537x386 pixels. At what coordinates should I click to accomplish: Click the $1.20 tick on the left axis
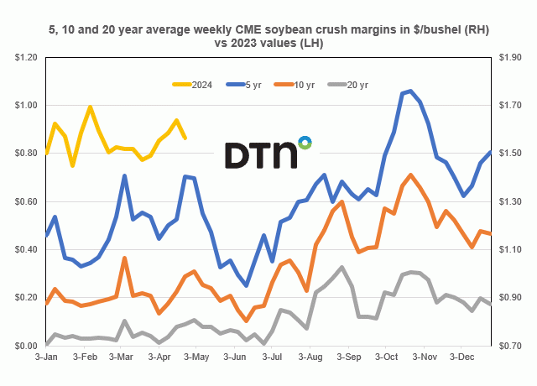click(x=25, y=57)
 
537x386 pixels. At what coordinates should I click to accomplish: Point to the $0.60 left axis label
click(x=25, y=201)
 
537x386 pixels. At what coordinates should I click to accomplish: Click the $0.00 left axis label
click(x=25, y=346)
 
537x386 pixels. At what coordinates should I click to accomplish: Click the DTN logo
click(x=268, y=153)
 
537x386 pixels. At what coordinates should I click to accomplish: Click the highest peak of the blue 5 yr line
click(x=409, y=91)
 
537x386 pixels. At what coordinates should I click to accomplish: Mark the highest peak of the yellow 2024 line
click(x=90, y=107)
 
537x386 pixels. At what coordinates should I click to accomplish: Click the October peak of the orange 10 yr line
click(x=410, y=175)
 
